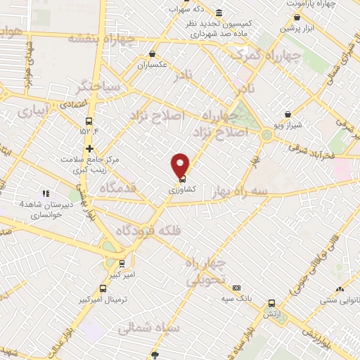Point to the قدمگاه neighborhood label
(107, 188)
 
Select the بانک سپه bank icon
(236, 288)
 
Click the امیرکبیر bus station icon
(122, 264)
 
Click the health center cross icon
(89, 148)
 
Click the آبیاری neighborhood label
(34, 111)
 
